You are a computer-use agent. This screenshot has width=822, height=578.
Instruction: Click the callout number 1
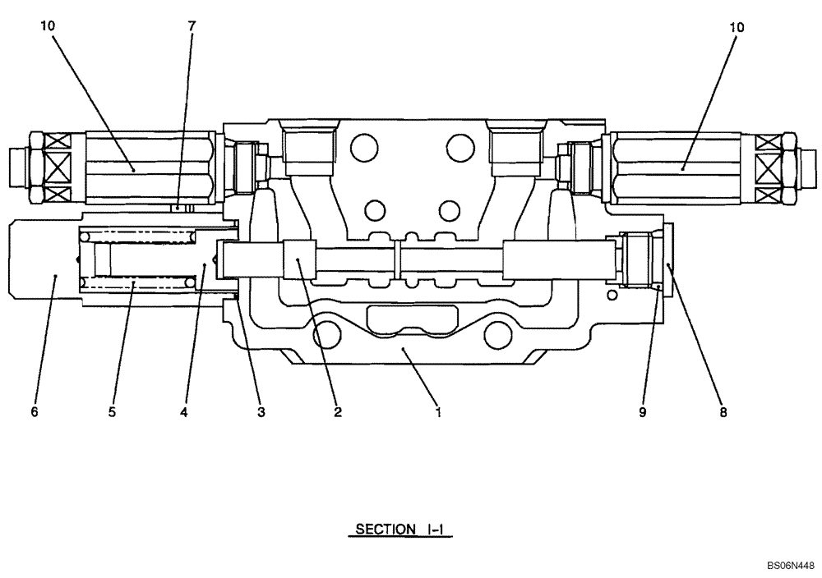pos(439,413)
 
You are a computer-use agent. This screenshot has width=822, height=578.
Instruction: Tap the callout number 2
pos(337,413)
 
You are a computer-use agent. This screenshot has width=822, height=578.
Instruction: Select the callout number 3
pos(261,413)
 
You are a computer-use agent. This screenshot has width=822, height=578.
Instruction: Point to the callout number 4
pos(184,413)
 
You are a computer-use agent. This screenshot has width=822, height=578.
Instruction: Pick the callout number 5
pos(112,413)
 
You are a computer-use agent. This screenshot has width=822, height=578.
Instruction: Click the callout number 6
pos(35,413)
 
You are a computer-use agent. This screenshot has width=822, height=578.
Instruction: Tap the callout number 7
pos(192,27)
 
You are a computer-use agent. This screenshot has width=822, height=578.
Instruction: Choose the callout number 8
pos(723,413)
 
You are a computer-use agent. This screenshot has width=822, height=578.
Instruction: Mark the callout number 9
pos(642,413)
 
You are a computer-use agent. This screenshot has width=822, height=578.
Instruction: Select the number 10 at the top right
pos(737,27)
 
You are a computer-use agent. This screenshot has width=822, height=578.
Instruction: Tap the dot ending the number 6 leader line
pos(55,277)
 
